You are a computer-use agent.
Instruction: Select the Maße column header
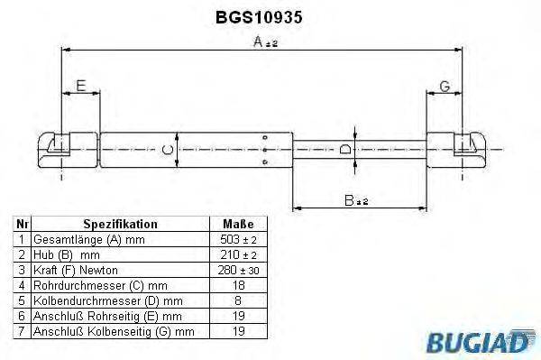click(238, 224)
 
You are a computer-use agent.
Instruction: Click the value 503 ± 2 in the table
click(238, 239)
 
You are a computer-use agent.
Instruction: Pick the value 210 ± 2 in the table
click(238, 254)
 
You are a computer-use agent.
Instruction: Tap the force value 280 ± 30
click(238, 270)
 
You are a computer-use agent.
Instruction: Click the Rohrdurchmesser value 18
click(238, 284)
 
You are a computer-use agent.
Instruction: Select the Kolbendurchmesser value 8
click(238, 300)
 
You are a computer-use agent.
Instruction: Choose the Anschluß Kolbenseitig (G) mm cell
click(113, 331)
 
